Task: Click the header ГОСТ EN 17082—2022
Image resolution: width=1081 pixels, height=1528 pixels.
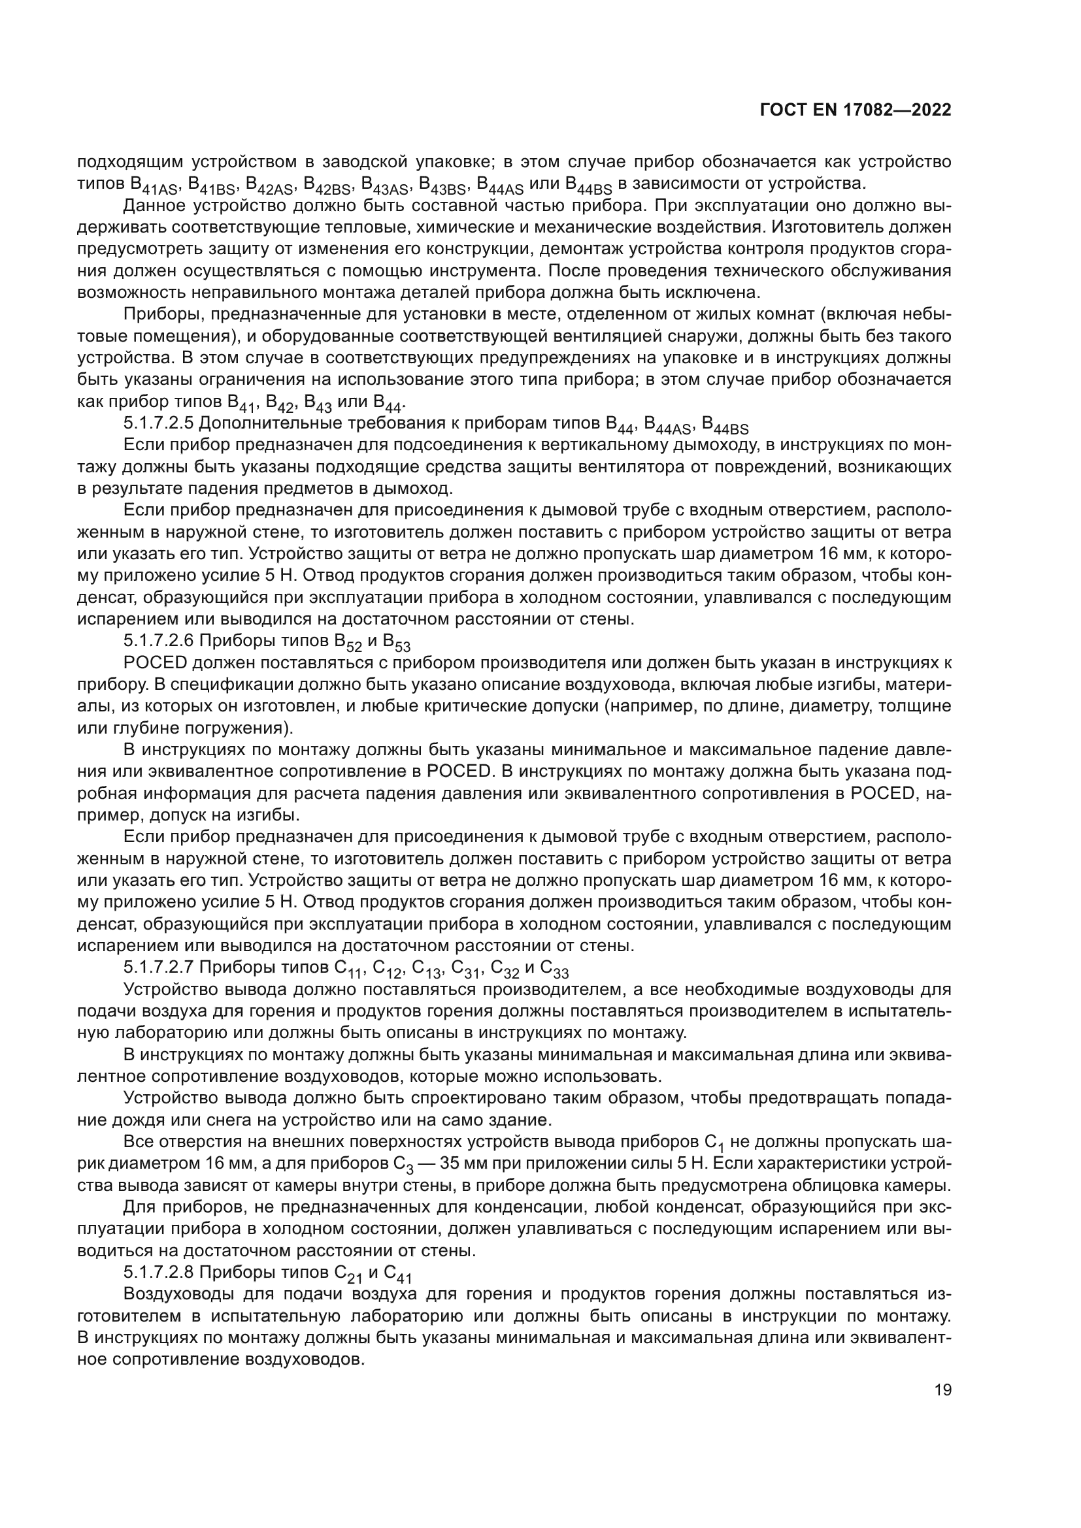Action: pyautogui.click(x=855, y=110)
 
